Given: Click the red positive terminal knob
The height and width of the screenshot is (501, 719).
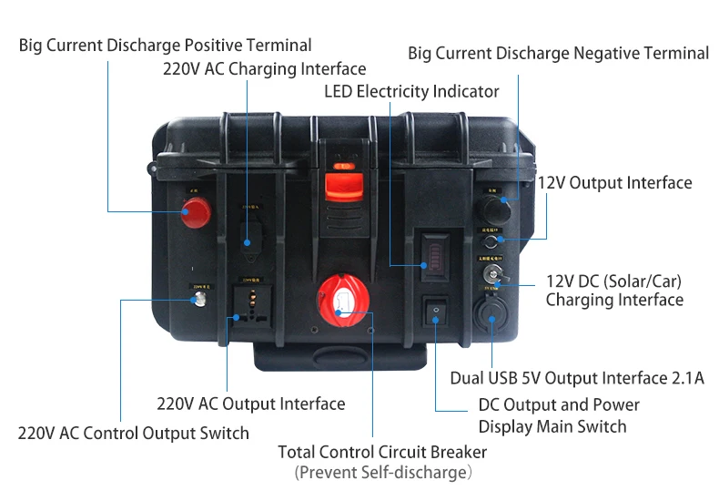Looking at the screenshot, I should point(195,212).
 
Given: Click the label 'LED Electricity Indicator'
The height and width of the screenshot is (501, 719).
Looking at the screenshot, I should point(411,91).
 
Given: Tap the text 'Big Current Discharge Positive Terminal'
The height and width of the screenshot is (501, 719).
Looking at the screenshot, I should point(165,45).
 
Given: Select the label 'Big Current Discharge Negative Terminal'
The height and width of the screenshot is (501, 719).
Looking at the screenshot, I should point(558,53).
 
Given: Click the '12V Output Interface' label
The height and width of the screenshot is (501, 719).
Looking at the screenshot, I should point(614,183).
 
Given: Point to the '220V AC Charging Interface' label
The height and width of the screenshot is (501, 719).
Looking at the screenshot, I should point(264,68).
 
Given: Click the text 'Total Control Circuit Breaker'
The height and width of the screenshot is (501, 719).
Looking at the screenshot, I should point(382,452).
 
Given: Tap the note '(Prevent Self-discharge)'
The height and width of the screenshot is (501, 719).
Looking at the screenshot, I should point(382,473).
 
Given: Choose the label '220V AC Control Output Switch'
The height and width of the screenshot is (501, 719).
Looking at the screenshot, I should point(133,433).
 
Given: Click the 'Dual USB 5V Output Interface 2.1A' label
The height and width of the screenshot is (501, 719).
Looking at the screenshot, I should point(577,378).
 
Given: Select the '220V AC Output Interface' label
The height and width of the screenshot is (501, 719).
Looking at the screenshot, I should point(250,404).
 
